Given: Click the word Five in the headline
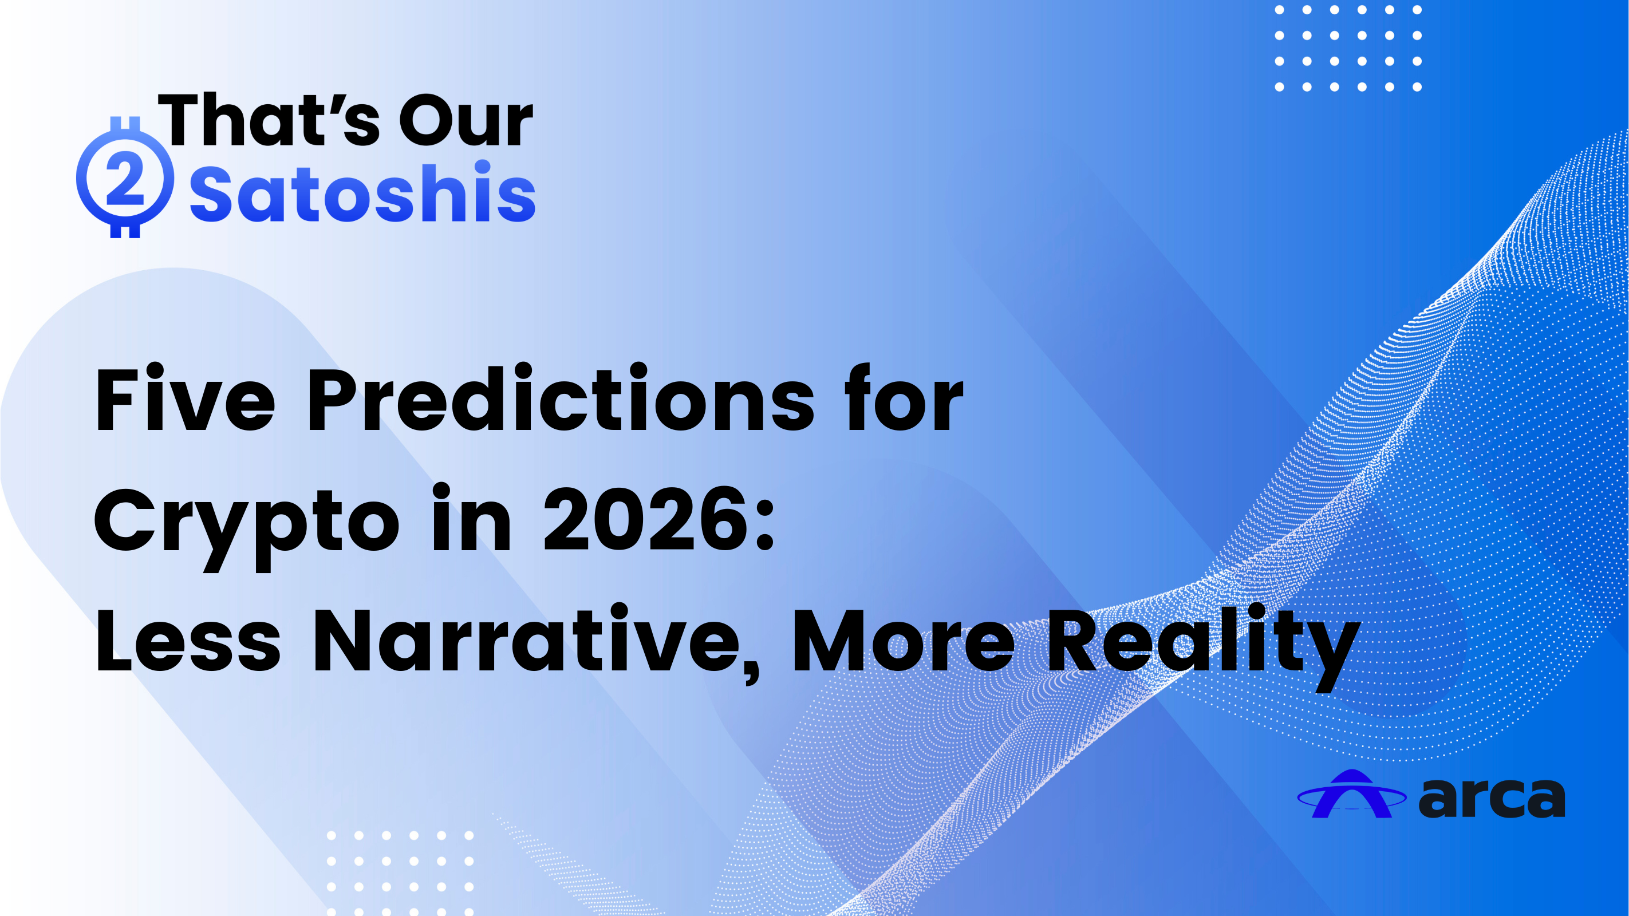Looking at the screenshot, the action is [184, 398].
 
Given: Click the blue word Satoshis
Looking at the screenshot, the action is [362, 192].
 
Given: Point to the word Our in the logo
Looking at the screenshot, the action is [466, 120].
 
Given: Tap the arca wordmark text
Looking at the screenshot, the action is [1491, 798].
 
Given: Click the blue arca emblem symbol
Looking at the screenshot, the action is [1351, 794].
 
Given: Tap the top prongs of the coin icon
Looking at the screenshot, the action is [125, 125].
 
